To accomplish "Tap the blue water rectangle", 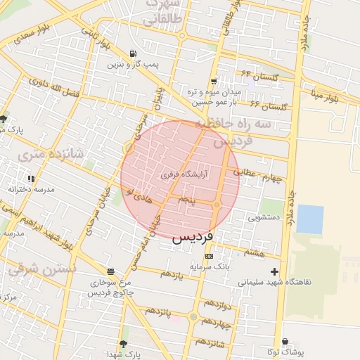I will [x=309, y=219].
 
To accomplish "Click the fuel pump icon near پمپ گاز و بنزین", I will [x=133, y=53].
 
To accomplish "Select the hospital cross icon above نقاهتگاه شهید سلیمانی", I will [x=274, y=271].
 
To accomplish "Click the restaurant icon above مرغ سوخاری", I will [x=110, y=271].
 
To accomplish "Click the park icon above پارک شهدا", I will [x=124, y=344].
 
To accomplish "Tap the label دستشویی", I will [x=264, y=217].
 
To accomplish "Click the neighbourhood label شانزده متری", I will [x=50, y=153].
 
